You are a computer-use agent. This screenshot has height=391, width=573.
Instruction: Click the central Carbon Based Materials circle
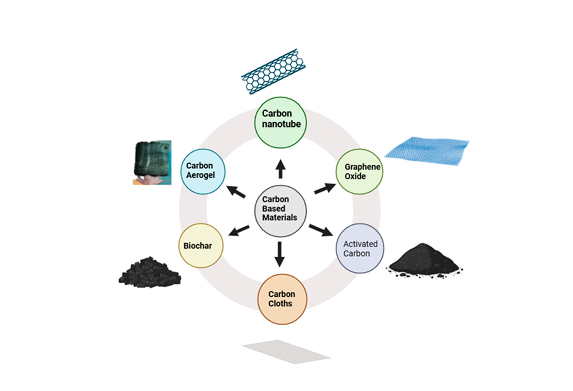pyautogui.click(x=280, y=211)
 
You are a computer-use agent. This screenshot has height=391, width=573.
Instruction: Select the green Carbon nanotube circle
pyautogui.click(x=280, y=122)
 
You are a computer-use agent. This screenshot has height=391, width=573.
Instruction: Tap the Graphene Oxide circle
pyautogui.click(x=360, y=171)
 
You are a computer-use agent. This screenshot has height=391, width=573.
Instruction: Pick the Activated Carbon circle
pyautogui.click(x=360, y=248)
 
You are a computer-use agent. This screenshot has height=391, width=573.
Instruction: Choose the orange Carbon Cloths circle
pyautogui.click(x=282, y=299)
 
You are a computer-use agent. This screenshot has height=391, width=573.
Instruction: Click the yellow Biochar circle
pyautogui.click(x=201, y=245)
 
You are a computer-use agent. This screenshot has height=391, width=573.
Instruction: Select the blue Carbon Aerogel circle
pyautogui.click(x=203, y=171)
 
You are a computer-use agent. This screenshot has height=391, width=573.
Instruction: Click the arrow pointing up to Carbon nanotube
pyautogui.click(x=280, y=169)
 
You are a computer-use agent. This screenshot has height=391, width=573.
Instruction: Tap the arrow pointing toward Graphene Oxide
pyautogui.click(x=325, y=188)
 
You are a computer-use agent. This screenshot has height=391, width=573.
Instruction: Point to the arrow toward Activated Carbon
pyautogui.click(x=321, y=230)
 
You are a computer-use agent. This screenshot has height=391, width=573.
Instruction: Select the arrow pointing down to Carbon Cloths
pyautogui.click(x=279, y=254)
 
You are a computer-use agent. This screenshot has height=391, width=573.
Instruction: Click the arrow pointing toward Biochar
pyautogui.click(x=239, y=231)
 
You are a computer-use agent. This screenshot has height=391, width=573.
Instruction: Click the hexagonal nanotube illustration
pyautogui.click(x=273, y=72)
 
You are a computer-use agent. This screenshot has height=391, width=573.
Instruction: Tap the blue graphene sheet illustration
pyautogui.click(x=427, y=151)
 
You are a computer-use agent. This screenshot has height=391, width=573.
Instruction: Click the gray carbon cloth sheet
pyautogui.click(x=286, y=352)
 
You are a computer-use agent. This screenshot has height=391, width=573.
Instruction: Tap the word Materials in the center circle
pyautogui.click(x=279, y=217)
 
